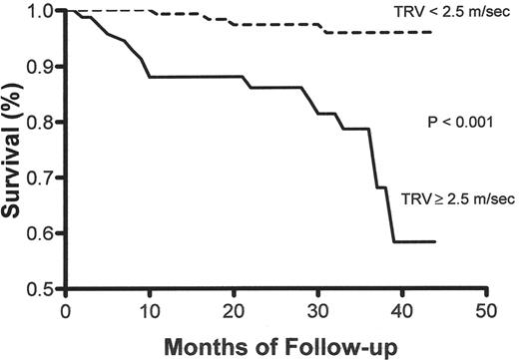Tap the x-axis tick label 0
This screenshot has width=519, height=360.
65,310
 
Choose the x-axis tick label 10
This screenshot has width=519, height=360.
149,310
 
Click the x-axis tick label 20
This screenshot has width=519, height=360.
234,310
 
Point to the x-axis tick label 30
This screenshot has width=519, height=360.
318,310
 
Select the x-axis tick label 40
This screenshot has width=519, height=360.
403,310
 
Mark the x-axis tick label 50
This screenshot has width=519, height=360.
487,310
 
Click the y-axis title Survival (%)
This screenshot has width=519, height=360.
13,150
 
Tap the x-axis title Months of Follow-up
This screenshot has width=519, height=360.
274,344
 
